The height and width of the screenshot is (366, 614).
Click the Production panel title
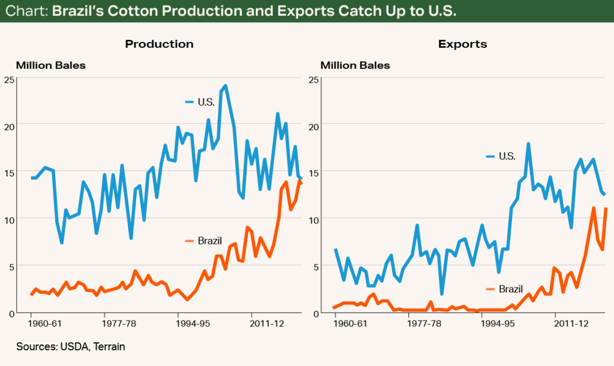(159, 44)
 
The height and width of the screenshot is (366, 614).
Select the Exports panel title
(462, 44)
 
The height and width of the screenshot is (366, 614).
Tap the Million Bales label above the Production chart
(51, 65)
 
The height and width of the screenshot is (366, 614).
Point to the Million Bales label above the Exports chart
(355, 65)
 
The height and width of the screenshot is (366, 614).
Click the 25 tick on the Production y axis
(10, 79)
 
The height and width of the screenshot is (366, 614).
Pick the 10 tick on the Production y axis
(10, 219)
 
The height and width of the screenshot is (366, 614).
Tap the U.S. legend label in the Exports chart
(507, 156)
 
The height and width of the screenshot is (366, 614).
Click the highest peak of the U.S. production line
(225, 86)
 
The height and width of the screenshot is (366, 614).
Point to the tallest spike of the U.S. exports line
(528, 144)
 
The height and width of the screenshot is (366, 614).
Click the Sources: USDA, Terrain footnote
(71, 347)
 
